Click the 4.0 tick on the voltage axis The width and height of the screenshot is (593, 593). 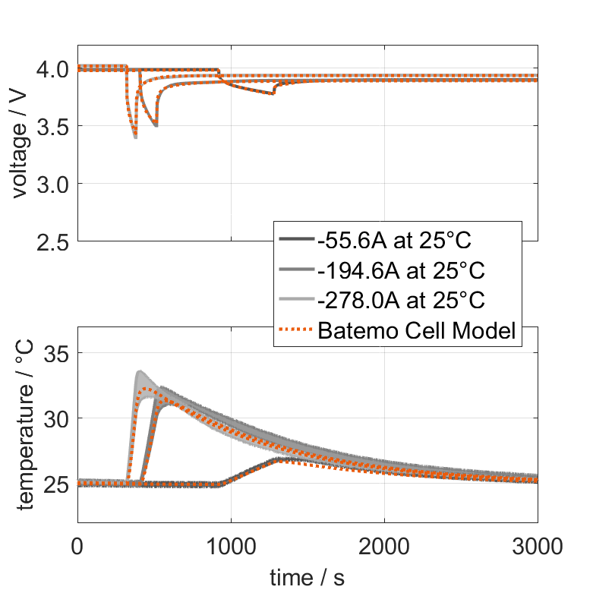coord(52,69)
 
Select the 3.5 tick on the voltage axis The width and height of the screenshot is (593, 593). coord(52,126)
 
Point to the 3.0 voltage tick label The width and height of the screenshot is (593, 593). coord(52,184)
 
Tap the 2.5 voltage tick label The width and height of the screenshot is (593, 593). coord(52,241)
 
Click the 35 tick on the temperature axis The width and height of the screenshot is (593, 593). coord(59,354)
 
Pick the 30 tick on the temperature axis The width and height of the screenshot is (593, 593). coord(59,418)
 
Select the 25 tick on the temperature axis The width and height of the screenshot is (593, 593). coord(59,484)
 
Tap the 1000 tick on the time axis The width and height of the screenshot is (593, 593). coord(231,545)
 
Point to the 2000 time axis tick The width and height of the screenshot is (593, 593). coord(384,545)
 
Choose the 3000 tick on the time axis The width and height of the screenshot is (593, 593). coord(537,545)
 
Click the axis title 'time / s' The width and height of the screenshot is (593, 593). coord(307,577)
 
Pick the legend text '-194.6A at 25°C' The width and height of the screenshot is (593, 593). coord(401,270)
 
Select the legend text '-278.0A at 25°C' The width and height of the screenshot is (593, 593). coord(401,300)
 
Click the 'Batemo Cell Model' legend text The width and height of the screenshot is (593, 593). coord(418,330)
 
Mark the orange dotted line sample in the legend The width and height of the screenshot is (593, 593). coord(296,330)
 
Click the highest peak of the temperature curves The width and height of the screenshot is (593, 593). coord(140,372)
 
